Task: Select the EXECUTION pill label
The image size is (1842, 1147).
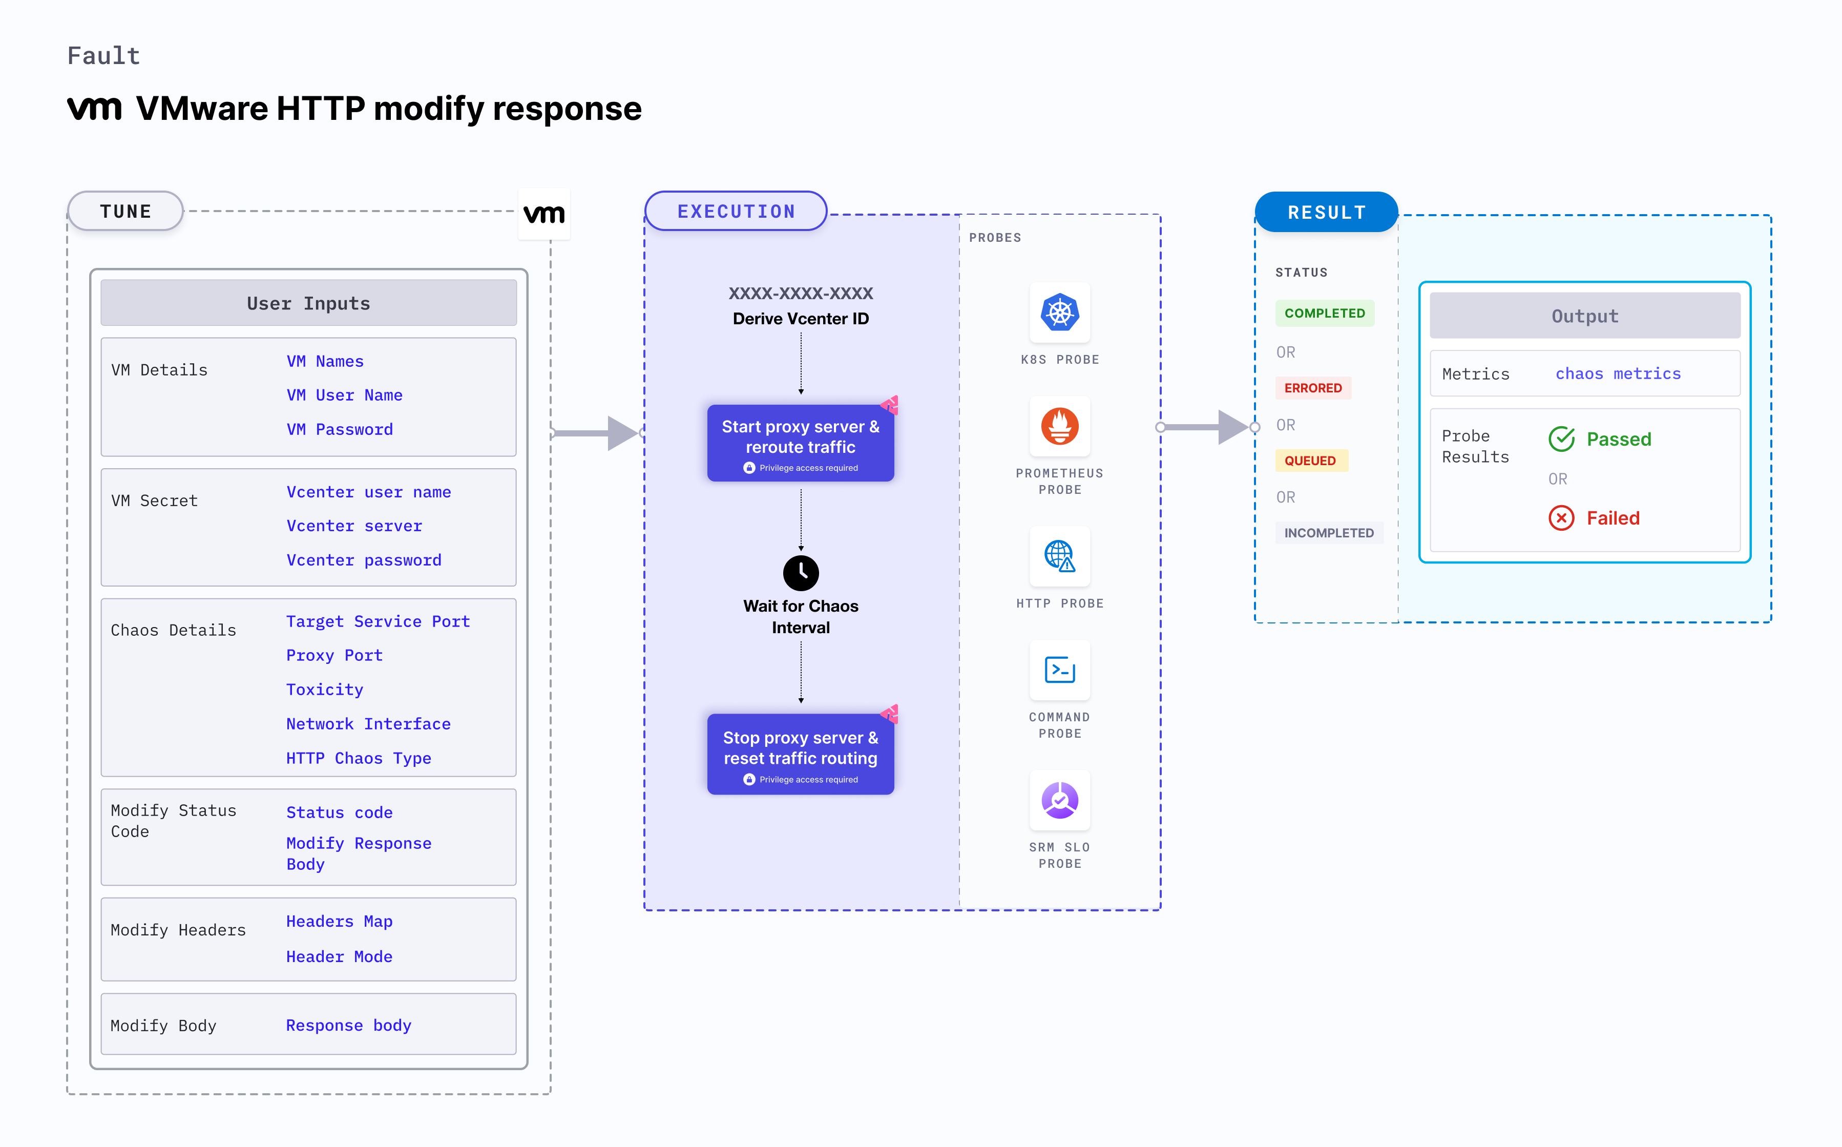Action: coord(736,211)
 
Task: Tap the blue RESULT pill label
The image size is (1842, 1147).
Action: coord(1326,213)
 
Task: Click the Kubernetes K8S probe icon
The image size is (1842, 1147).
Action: coord(1059,312)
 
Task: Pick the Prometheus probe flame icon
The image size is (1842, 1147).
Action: coord(1059,426)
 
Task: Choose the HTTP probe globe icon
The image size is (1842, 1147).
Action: coord(1059,556)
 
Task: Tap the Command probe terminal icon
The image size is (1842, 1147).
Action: coord(1059,670)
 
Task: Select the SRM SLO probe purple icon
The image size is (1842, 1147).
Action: coord(1059,800)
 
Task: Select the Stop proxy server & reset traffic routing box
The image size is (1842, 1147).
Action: coord(800,754)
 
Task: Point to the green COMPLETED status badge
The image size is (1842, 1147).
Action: coord(1324,314)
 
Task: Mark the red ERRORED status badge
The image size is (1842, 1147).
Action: coord(1313,388)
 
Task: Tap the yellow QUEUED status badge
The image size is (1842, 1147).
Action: coord(1310,461)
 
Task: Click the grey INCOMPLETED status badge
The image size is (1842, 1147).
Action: coord(1329,533)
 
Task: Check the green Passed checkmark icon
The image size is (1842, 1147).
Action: coord(1561,439)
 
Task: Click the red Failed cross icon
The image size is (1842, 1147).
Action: coord(1561,518)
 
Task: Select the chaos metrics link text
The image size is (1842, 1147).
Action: coord(1618,373)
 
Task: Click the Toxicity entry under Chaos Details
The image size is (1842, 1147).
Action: coord(325,689)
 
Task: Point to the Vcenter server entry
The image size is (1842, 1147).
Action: coord(354,526)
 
